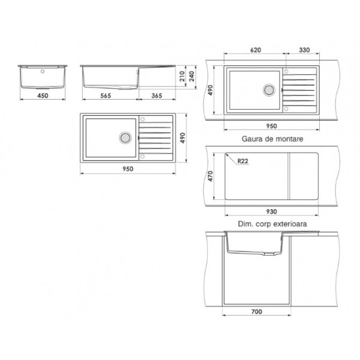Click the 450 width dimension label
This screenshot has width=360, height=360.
(x=43, y=95)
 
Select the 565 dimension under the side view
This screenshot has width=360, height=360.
(x=106, y=95)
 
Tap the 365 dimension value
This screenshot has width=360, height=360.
(x=157, y=95)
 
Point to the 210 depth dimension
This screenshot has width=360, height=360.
(x=182, y=76)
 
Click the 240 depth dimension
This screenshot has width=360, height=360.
(x=192, y=76)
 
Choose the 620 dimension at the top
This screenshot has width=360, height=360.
(x=256, y=50)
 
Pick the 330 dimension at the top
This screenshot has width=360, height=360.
(x=304, y=50)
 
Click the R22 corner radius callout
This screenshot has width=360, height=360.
(x=242, y=161)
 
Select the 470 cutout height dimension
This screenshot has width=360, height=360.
(x=211, y=176)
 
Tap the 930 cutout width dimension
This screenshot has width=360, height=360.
(x=271, y=211)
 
